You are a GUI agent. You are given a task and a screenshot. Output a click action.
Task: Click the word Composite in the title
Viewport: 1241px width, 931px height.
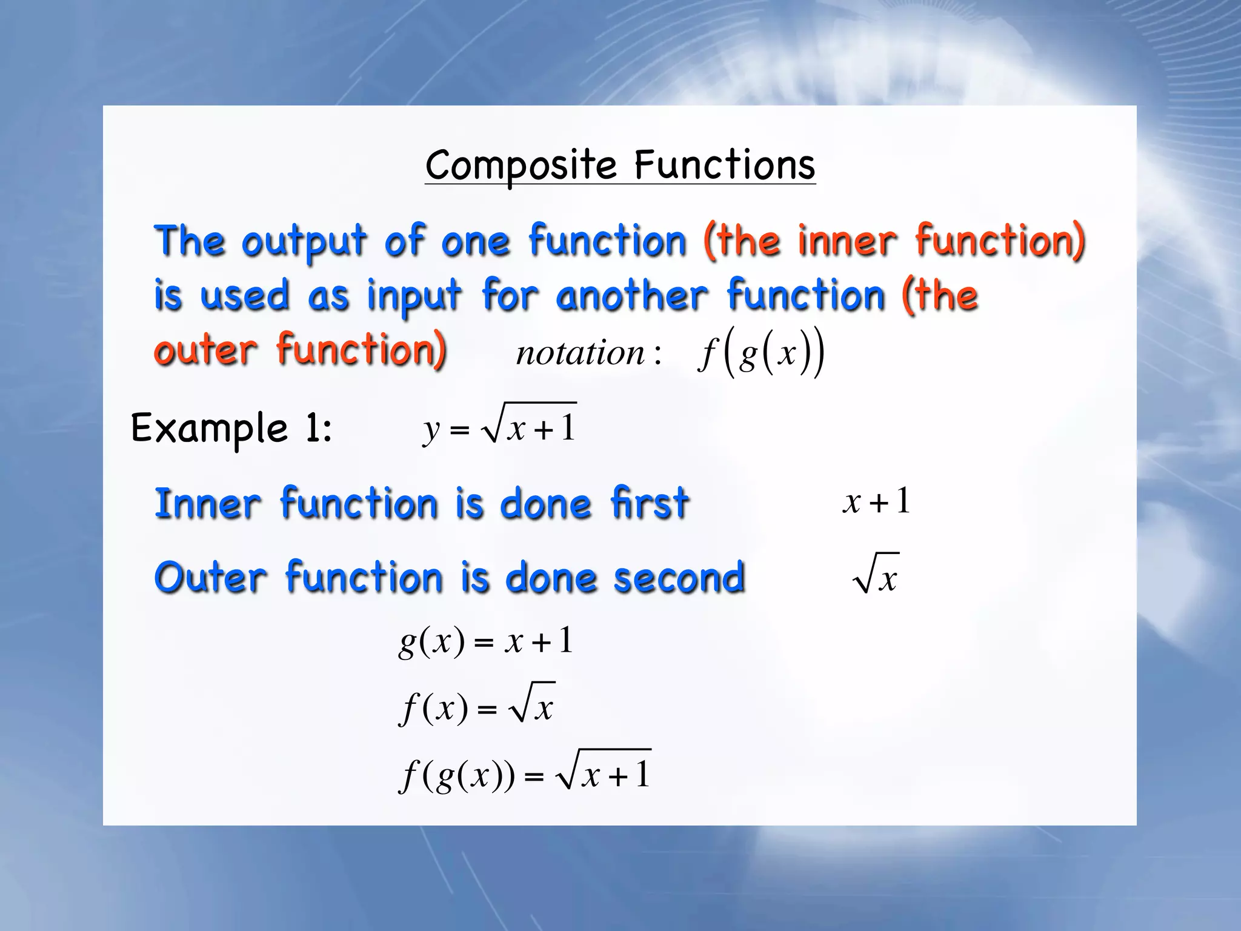(x=521, y=165)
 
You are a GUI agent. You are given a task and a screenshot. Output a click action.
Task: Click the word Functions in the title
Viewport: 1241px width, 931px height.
(x=725, y=165)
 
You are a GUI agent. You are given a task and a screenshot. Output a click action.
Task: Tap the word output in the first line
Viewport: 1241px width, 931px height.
(x=304, y=241)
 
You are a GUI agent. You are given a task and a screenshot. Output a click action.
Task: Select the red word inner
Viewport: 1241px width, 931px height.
(x=846, y=241)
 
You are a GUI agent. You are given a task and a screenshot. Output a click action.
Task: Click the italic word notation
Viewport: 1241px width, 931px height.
(x=581, y=353)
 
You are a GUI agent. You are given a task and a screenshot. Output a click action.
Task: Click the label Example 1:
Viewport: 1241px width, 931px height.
(x=231, y=429)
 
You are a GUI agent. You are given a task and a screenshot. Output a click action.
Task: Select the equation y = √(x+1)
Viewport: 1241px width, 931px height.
(x=499, y=425)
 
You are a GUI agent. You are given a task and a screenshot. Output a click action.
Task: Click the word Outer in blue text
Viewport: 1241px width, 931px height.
(x=210, y=577)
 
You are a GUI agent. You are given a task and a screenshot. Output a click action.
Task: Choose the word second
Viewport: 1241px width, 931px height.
(x=679, y=577)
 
